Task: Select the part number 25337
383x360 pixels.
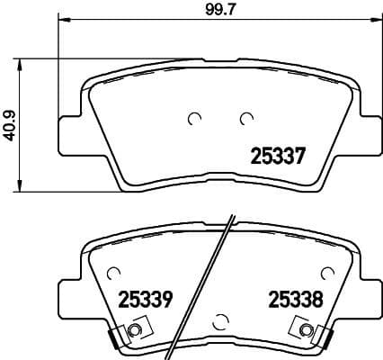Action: coord(273,155)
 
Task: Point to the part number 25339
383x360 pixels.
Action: coord(143,297)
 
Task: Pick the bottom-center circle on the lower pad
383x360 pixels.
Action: coord(222,318)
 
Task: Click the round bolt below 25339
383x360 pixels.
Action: coord(135,333)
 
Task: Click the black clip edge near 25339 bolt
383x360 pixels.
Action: coord(114,339)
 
